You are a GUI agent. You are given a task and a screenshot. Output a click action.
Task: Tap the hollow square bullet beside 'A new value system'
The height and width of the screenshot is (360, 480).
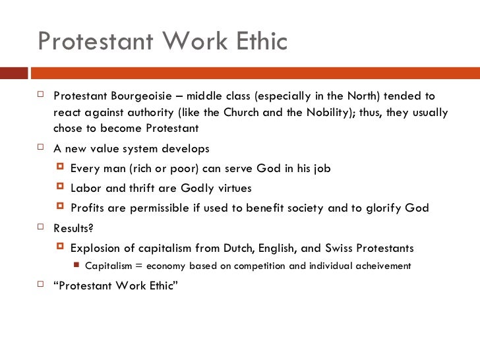pos(42,148)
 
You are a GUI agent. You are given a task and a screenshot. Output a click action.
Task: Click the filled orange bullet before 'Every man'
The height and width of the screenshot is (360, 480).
pos(60,168)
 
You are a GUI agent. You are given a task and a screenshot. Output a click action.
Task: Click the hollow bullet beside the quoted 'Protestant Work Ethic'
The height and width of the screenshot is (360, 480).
pos(42,287)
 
